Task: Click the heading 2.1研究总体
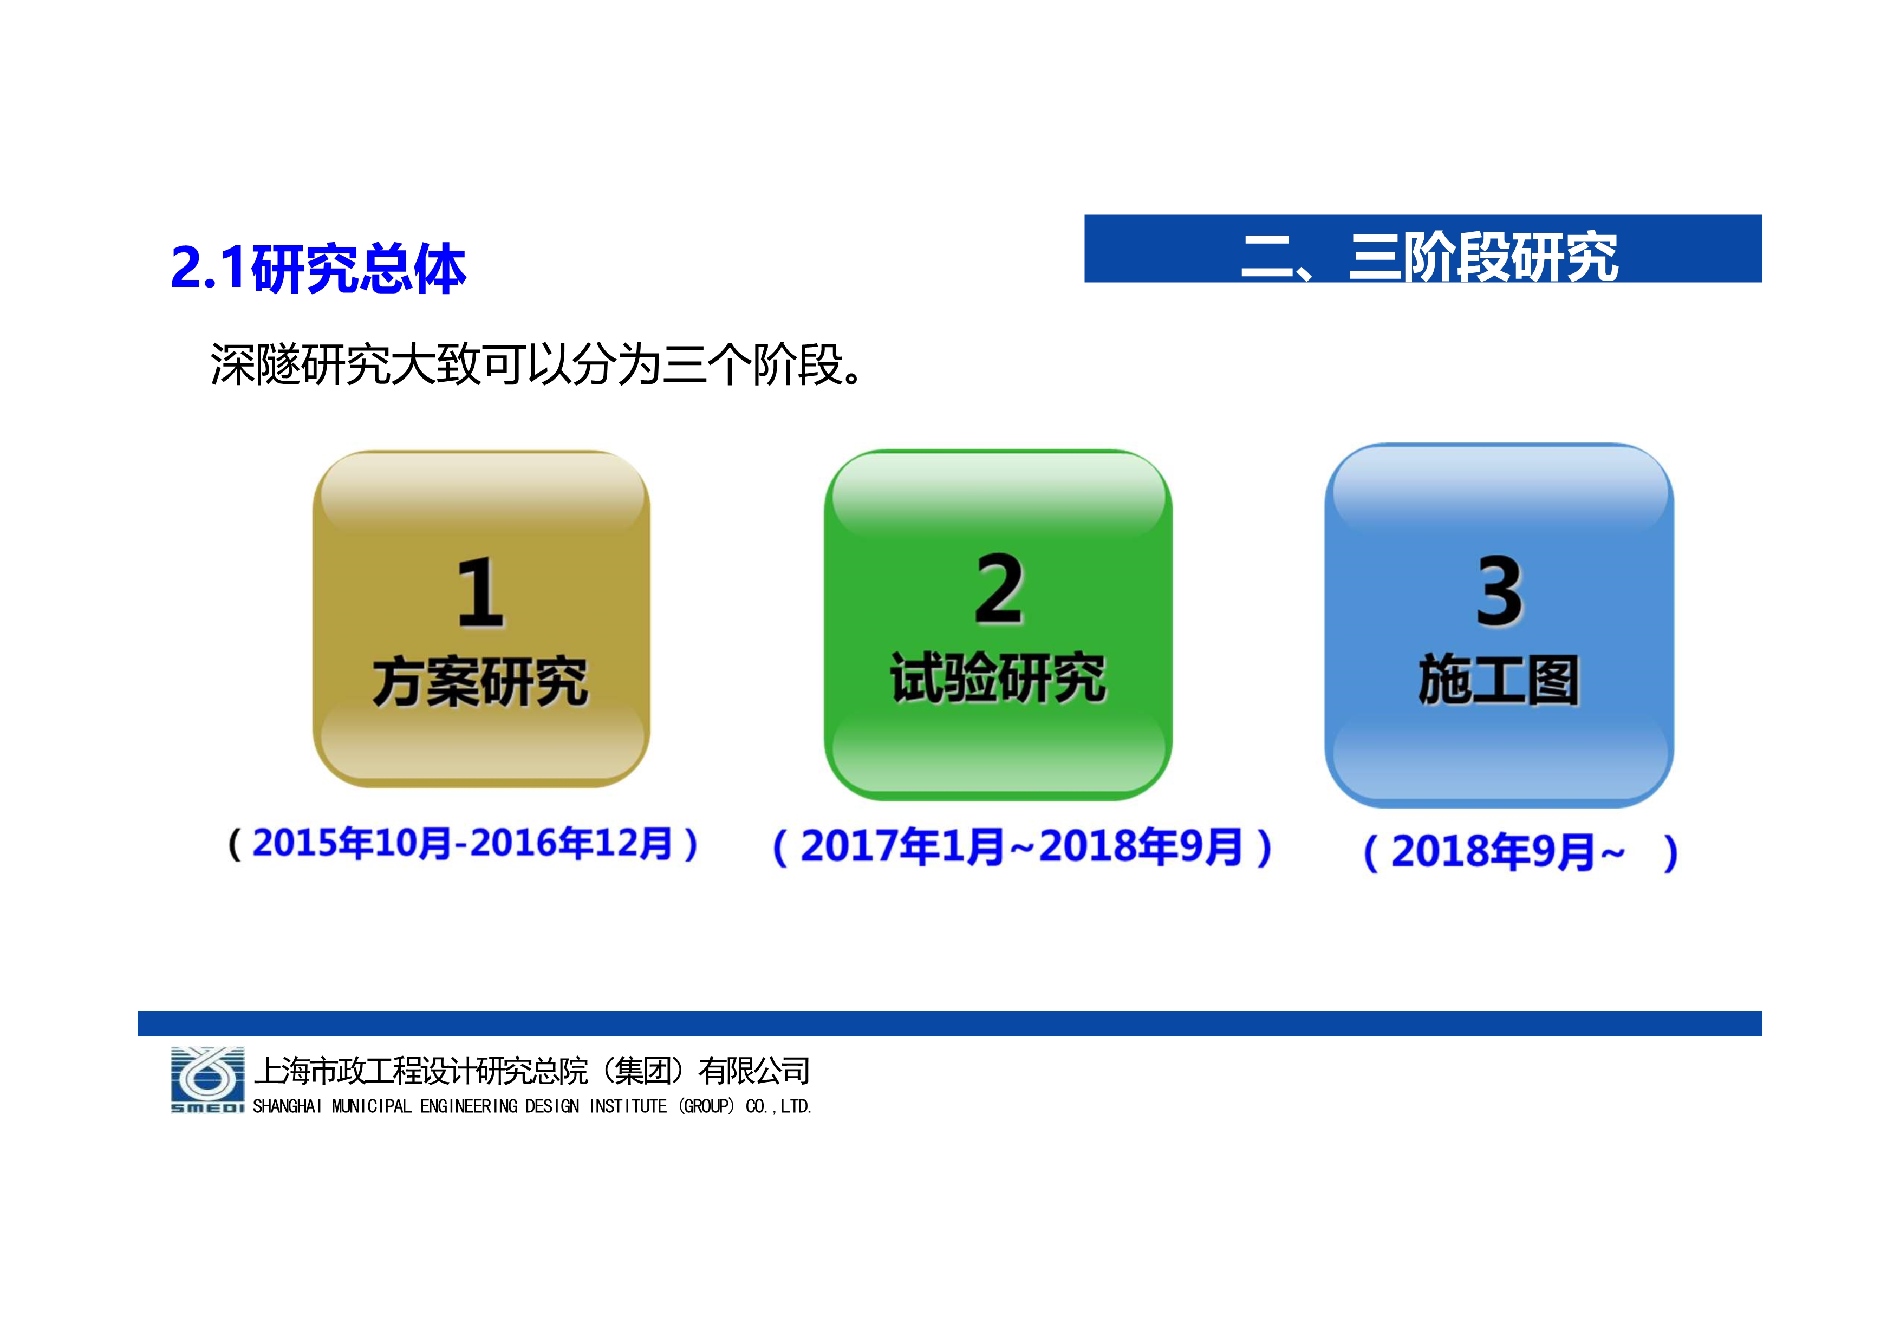[318, 268]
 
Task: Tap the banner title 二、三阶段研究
[1429, 257]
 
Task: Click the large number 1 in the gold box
[481, 592]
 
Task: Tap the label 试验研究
[999, 677]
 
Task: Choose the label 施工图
[1500, 680]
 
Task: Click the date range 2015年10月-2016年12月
[462, 843]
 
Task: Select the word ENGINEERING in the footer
[469, 1106]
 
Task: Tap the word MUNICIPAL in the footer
[372, 1106]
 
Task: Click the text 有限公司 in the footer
[754, 1071]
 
